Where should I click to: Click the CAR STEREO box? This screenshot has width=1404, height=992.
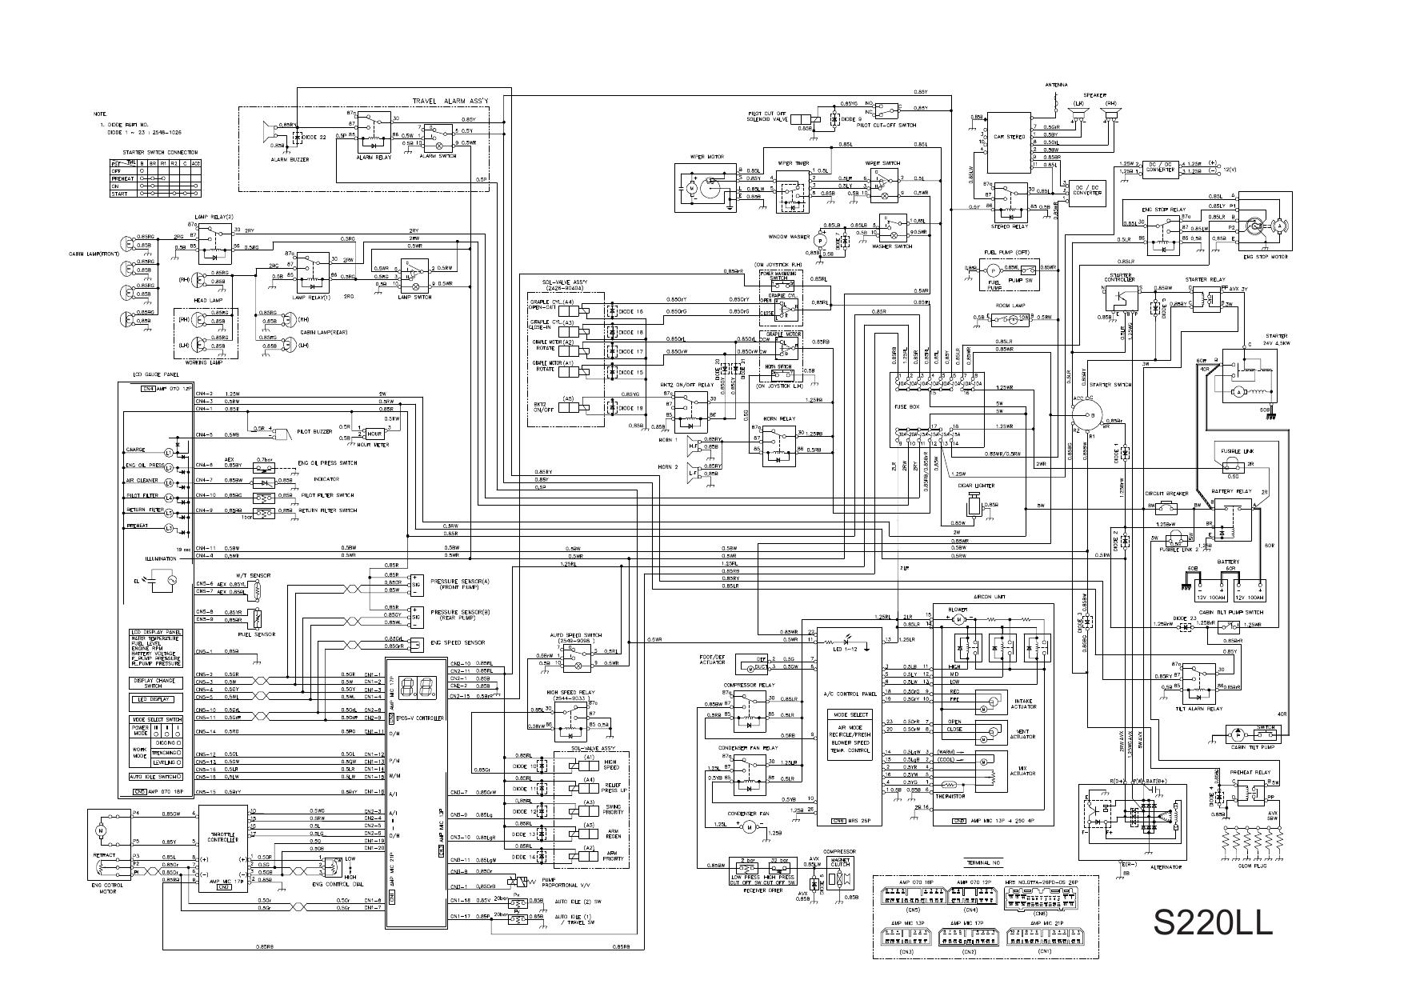(1009, 138)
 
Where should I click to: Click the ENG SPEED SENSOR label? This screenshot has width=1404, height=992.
(457, 642)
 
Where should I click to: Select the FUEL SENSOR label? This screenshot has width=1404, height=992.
(257, 634)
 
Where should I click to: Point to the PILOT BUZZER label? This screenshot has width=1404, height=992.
(314, 431)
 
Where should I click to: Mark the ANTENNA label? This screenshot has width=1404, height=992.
(1056, 85)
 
